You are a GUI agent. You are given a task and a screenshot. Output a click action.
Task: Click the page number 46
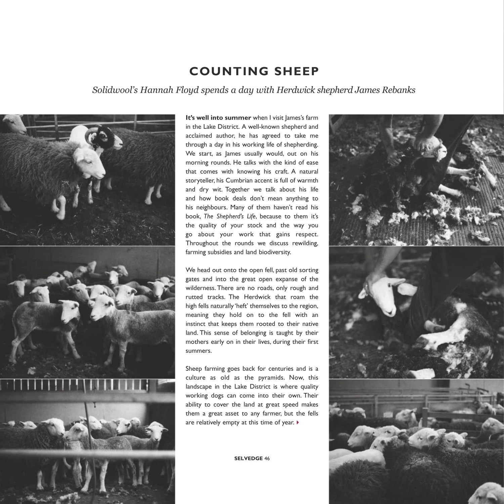pyautogui.click(x=267, y=458)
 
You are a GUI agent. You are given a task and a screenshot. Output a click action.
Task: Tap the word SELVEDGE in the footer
pyautogui.click(x=248, y=458)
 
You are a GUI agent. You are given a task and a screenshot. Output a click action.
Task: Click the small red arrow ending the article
pyautogui.click(x=298, y=423)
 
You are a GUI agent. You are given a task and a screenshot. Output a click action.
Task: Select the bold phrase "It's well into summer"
pyautogui.click(x=218, y=118)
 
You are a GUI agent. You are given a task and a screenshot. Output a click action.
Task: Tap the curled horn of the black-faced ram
pyautogui.click(x=91, y=134)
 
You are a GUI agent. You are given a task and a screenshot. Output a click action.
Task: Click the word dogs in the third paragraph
pyautogui.click(x=217, y=396)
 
